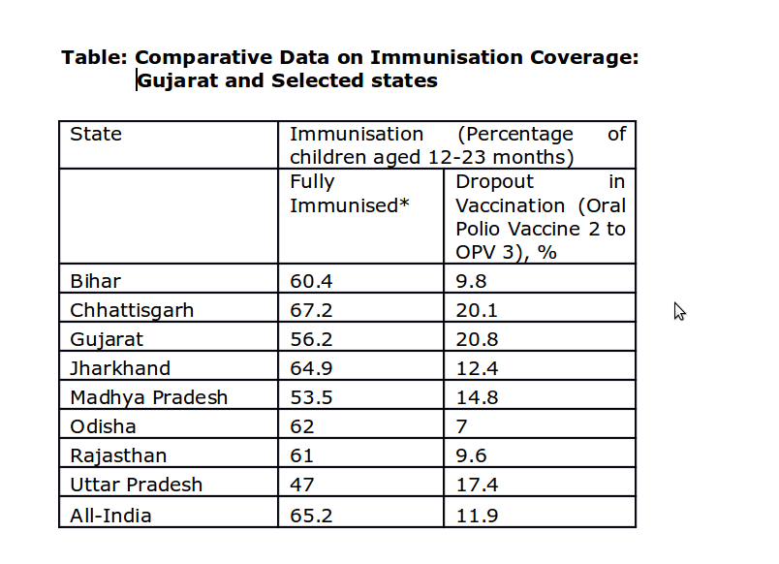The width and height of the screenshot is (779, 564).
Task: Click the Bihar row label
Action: [95, 282]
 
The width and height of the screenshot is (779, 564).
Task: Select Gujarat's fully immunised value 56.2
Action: [311, 340]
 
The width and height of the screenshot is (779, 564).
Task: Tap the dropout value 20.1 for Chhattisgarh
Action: [477, 311]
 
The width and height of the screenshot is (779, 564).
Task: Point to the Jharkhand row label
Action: [120, 369]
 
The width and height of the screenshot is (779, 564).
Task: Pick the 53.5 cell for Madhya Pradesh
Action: [311, 398]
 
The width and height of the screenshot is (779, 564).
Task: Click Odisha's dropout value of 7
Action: [462, 427]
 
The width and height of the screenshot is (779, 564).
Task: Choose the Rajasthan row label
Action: [118, 456]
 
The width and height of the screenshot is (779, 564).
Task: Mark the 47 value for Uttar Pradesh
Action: [302, 486]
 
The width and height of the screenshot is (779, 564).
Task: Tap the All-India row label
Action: [110, 516]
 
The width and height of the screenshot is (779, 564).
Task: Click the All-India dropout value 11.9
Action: [477, 516]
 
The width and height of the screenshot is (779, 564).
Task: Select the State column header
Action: [96, 135]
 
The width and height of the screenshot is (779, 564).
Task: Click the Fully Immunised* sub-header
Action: [344, 194]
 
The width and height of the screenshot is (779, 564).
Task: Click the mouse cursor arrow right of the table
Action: [679, 310]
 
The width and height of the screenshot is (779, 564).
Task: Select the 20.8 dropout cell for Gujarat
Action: [477, 340]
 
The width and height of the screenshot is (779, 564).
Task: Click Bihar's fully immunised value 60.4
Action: [311, 282]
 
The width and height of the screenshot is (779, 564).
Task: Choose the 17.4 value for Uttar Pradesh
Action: [477, 486]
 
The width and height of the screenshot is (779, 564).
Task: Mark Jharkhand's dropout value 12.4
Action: [477, 369]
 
